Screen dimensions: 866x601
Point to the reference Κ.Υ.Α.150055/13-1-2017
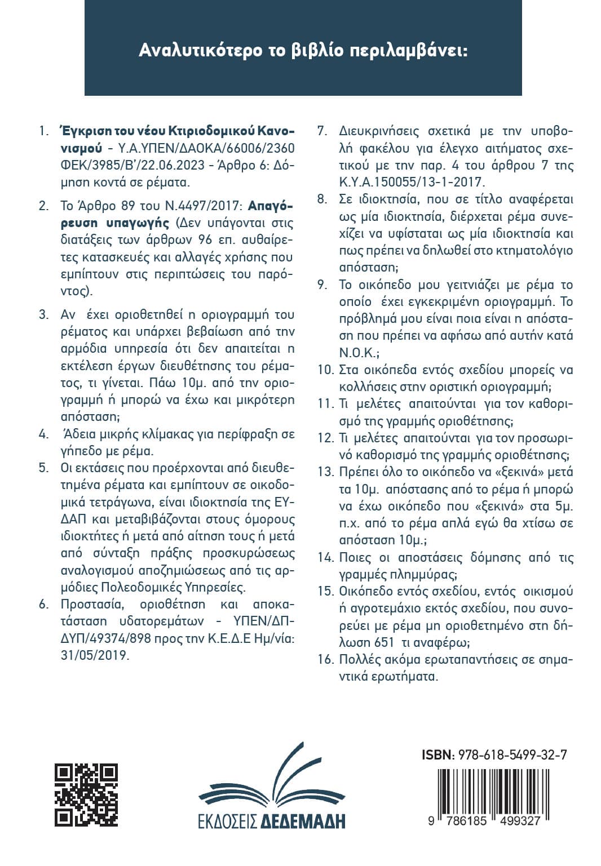[x=412, y=183]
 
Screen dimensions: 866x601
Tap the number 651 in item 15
[x=383, y=642]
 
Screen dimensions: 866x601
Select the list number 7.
[x=322, y=132]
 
